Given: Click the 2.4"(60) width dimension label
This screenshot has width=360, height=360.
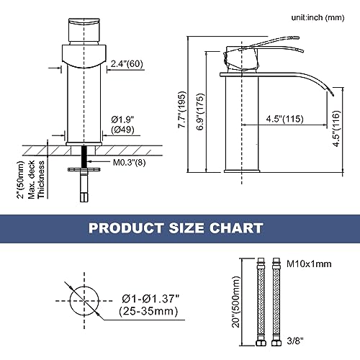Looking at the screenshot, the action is [x=127, y=64].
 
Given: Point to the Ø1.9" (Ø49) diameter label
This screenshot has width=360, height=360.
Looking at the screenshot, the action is [x=122, y=125].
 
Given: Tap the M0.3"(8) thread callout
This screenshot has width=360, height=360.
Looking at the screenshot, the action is [x=129, y=163].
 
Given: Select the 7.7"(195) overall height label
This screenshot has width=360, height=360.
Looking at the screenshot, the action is [x=182, y=109].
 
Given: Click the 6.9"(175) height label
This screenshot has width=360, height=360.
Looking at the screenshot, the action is [x=200, y=112].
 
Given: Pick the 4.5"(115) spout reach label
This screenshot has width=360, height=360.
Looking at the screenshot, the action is [x=284, y=119].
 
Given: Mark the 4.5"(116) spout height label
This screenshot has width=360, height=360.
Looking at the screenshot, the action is [x=336, y=129].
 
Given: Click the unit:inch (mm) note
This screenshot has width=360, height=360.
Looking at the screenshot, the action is [x=318, y=17].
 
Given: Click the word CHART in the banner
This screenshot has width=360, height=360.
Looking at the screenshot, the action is [x=236, y=228].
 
